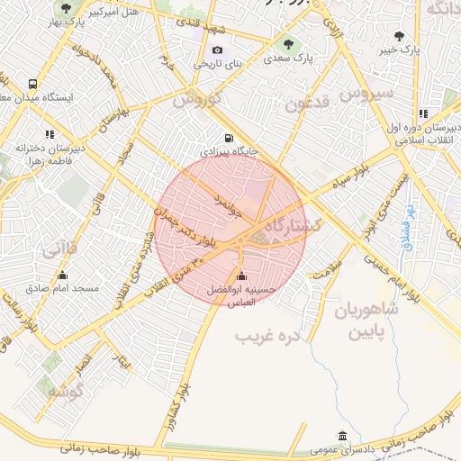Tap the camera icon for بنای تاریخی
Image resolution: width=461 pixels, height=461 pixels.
[x=217, y=50]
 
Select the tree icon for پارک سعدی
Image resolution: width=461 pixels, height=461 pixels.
[x=288, y=43]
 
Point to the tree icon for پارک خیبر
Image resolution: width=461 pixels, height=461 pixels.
[x=399, y=37]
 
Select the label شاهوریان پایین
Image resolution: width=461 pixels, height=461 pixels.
[x=366, y=321]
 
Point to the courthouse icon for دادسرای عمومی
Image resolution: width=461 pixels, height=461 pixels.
[x=340, y=436]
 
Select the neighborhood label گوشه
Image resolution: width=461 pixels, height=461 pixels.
[x=65, y=392]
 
